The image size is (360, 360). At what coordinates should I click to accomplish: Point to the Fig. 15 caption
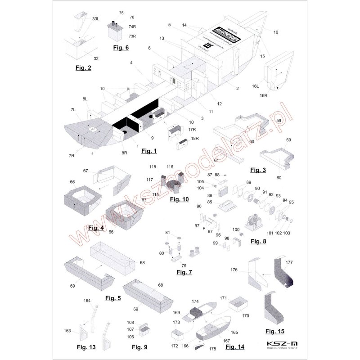click(x=274, y=332)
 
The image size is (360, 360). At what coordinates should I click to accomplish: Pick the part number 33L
click(x=96, y=19)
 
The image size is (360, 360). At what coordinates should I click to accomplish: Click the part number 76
click(x=132, y=17)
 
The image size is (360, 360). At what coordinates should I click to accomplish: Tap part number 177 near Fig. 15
click(x=289, y=261)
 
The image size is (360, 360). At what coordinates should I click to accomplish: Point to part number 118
click(x=153, y=166)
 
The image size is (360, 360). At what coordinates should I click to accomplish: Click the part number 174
click(x=195, y=300)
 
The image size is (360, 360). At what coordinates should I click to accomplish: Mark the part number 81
click(x=168, y=232)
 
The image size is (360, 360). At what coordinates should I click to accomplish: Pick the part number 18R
click(x=195, y=139)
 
